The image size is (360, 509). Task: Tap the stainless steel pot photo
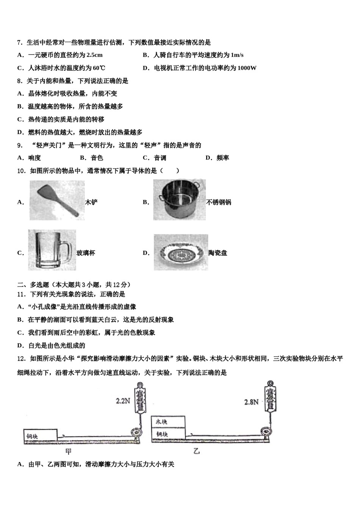179,200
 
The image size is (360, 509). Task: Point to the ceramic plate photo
180,252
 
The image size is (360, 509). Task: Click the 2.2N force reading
123,400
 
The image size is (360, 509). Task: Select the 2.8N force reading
251,402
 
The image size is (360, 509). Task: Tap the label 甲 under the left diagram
69,451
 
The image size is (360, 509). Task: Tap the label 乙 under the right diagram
196,451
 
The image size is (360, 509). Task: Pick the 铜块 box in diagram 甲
40,436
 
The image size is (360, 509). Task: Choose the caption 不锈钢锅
219,202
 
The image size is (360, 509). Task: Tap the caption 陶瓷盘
218,253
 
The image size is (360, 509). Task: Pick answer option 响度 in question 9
34,158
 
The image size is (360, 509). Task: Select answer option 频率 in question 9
223,158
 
